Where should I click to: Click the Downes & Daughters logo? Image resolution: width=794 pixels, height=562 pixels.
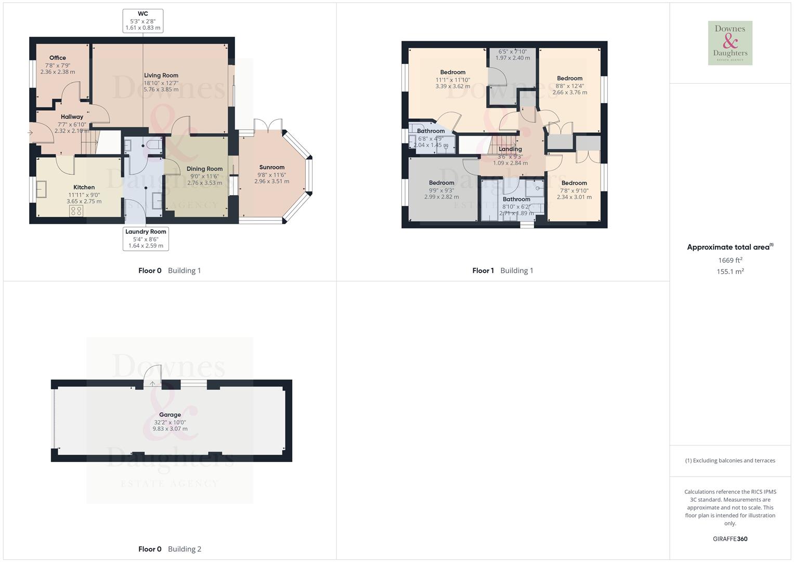[730, 43]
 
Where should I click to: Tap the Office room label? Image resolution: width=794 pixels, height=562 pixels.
[58, 58]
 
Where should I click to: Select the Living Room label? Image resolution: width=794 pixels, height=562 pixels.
[161, 75]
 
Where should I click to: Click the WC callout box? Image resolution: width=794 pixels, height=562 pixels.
[143, 21]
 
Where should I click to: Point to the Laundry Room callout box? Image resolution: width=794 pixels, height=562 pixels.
[146, 238]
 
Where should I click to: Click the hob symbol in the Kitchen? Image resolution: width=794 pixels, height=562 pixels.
[76, 210]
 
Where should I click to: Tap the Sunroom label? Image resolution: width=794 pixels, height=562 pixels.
[272, 168]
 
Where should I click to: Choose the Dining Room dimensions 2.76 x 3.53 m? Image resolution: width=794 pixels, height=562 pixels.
[205, 183]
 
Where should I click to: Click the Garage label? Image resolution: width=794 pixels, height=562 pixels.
[170, 415]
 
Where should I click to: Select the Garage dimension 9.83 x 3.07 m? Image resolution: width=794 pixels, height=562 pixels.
[170, 429]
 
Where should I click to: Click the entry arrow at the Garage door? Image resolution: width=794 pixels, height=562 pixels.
[152, 384]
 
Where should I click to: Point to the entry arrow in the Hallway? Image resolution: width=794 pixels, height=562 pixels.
[30, 133]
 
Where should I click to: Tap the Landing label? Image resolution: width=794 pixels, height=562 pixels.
[510, 149]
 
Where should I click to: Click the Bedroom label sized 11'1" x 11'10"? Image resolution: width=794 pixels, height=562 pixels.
[453, 72]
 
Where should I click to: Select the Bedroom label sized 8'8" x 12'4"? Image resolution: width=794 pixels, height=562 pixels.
[570, 79]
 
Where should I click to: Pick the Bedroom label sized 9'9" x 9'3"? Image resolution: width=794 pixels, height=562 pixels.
[441, 183]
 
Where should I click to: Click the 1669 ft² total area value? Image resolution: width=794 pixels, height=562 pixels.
[730, 260]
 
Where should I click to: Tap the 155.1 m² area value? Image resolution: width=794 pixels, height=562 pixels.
[730, 272]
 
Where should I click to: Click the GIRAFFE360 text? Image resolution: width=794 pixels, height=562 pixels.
[730, 539]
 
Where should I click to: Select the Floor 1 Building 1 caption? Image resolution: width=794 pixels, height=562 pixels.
[502, 271]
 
